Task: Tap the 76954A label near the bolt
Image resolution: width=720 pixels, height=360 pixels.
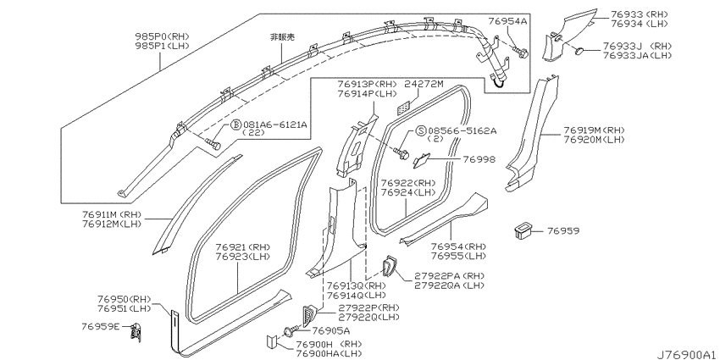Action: click(507, 20)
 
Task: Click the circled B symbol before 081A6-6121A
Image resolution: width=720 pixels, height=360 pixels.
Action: click(235, 125)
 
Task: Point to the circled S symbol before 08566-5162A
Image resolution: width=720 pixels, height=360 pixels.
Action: click(421, 130)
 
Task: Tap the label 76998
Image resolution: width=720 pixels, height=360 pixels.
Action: click(479, 159)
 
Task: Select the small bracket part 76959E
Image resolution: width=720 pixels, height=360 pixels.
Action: click(136, 331)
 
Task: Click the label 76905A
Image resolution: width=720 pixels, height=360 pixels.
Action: click(330, 330)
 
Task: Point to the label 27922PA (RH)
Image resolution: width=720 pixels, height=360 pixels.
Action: click(449, 275)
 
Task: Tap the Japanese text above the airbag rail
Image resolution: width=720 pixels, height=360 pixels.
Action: click(282, 37)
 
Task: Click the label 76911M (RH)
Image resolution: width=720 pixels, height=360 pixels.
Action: click(112, 214)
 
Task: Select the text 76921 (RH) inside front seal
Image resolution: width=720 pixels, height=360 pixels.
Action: click(243, 247)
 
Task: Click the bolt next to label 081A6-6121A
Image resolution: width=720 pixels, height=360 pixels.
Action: click(213, 144)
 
